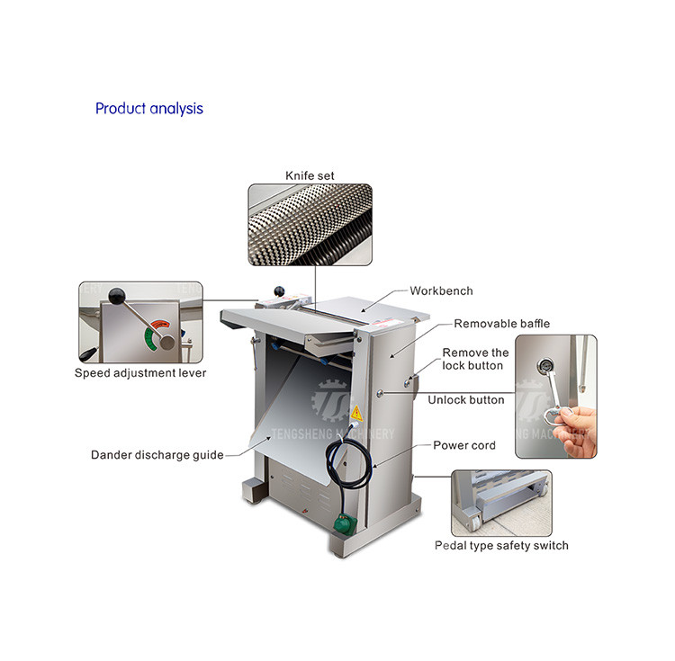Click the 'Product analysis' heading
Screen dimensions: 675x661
(148, 109)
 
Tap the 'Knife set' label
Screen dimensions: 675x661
(310, 175)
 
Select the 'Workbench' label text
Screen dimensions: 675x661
(441, 290)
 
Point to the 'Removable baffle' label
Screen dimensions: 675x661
(502, 324)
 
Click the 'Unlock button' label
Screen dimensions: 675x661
(466, 400)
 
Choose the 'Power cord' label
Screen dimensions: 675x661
(464, 445)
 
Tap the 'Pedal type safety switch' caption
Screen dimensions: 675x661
(501, 546)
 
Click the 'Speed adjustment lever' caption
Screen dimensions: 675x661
(140, 373)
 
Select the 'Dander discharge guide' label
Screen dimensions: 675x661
(157, 455)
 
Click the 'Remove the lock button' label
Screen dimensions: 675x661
(475, 359)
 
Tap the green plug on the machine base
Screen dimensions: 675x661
(346, 524)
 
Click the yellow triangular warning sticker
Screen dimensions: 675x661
(356, 413)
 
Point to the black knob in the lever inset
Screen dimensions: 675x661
(117, 296)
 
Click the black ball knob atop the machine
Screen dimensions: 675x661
(279, 291)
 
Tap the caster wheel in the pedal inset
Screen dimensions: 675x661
(475, 523)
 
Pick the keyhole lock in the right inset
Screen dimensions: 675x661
(544, 366)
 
